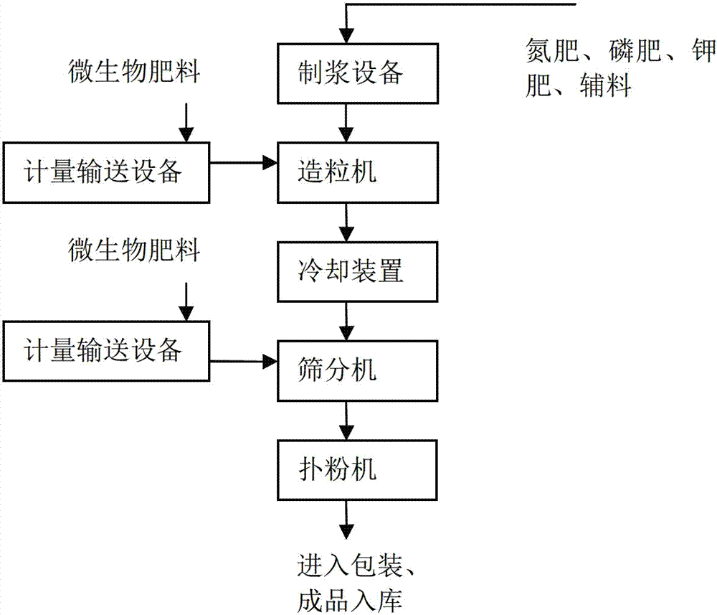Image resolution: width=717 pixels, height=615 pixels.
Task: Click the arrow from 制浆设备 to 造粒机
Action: [x=347, y=123]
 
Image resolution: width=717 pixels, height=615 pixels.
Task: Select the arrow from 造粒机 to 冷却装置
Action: [x=347, y=222]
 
